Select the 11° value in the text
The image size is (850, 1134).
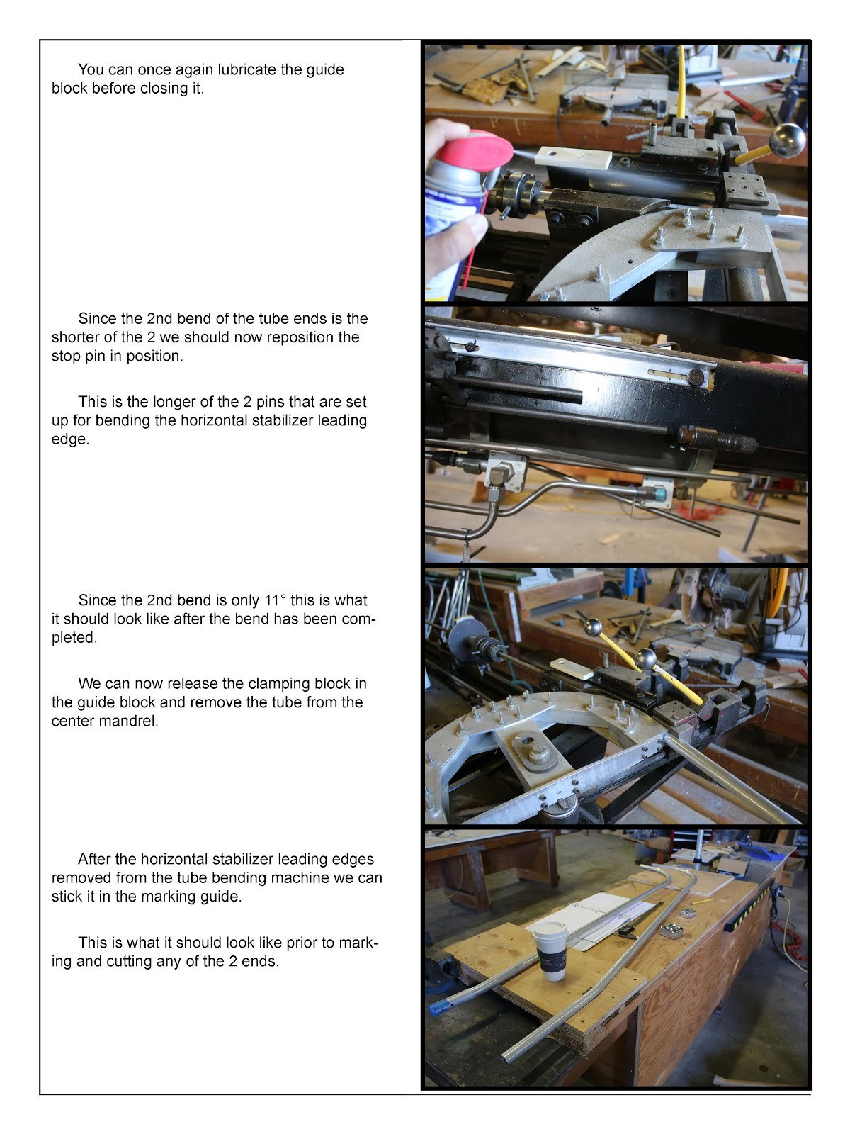(275, 600)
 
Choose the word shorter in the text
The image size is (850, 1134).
(75, 337)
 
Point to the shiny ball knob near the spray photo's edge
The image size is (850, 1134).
(786, 140)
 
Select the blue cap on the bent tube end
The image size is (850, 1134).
(440, 1006)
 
